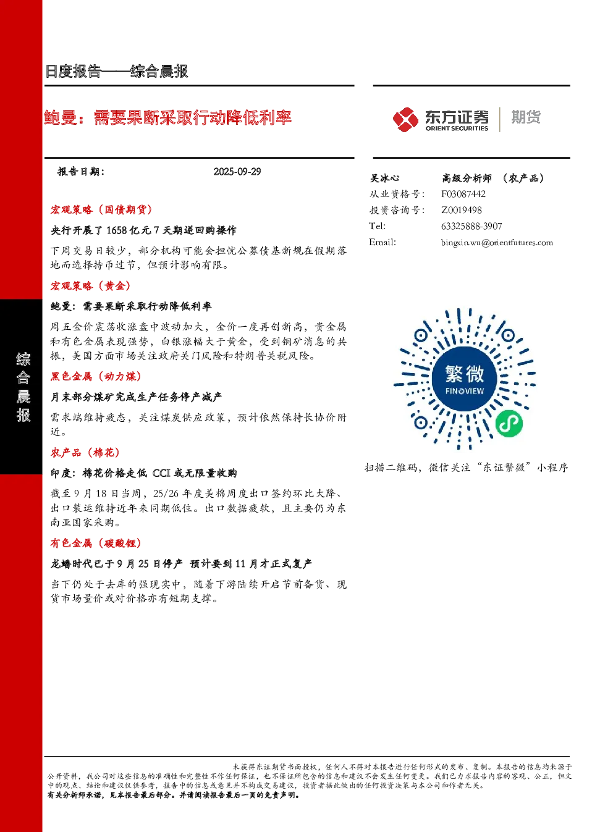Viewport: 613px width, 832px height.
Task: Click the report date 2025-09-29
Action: pyautogui.click(x=237, y=172)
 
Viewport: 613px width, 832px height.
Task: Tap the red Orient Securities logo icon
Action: pyautogui.click(x=405, y=120)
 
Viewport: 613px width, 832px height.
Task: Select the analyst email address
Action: pyautogui.click(x=497, y=243)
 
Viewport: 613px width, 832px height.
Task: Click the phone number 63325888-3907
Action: pyautogui.click(x=471, y=226)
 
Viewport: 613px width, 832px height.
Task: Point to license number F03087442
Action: pyautogui.click(x=463, y=194)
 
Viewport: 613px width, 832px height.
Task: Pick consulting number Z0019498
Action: pyautogui.click(x=462, y=210)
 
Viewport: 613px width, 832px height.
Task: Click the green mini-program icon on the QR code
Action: pyautogui.click(x=509, y=424)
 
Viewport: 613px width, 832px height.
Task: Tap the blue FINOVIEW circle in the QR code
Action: pyautogui.click(x=465, y=380)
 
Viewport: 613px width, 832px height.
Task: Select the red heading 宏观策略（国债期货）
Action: pyautogui.click(x=101, y=210)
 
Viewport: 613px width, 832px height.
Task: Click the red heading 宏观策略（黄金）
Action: pyautogui.click(x=91, y=286)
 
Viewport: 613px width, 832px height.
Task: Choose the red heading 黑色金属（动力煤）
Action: pyautogui.click(x=96, y=377)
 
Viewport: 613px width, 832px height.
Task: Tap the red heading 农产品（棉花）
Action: pyautogui.click(x=85, y=453)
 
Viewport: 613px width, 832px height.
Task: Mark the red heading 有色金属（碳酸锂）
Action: pyautogui.click(x=96, y=544)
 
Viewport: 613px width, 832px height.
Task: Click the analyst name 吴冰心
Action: pyautogui.click(x=384, y=179)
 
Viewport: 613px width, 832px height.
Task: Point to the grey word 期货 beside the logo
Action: pyautogui.click(x=526, y=117)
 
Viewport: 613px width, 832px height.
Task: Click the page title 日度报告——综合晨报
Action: pyautogui.click(x=117, y=71)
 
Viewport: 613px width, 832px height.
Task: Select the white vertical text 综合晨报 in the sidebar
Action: pyautogui.click(x=23, y=387)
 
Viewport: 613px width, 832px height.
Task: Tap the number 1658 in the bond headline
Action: pyautogui.click(x=117, y=230)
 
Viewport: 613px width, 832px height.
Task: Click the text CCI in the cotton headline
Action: pyautogui.click(x=161, y=473)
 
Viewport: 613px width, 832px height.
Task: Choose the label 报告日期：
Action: pyautogui.click(x=81, y=172)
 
